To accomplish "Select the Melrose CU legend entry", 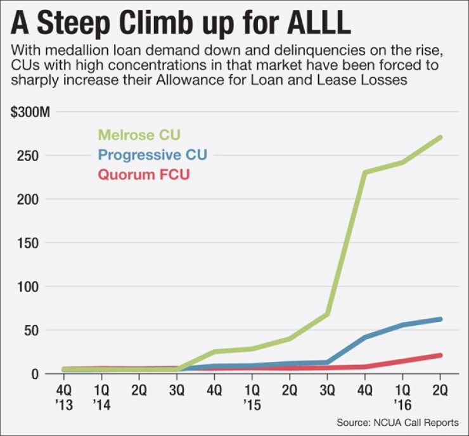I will (140, 135).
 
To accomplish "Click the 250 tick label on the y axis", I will (29, 155).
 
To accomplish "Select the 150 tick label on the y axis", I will (29, 243).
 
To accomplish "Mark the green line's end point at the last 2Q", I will (440, 137).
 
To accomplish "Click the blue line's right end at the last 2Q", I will (440, 319).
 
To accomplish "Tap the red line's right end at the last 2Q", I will (440, 355).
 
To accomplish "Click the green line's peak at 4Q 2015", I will (365, 172).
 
